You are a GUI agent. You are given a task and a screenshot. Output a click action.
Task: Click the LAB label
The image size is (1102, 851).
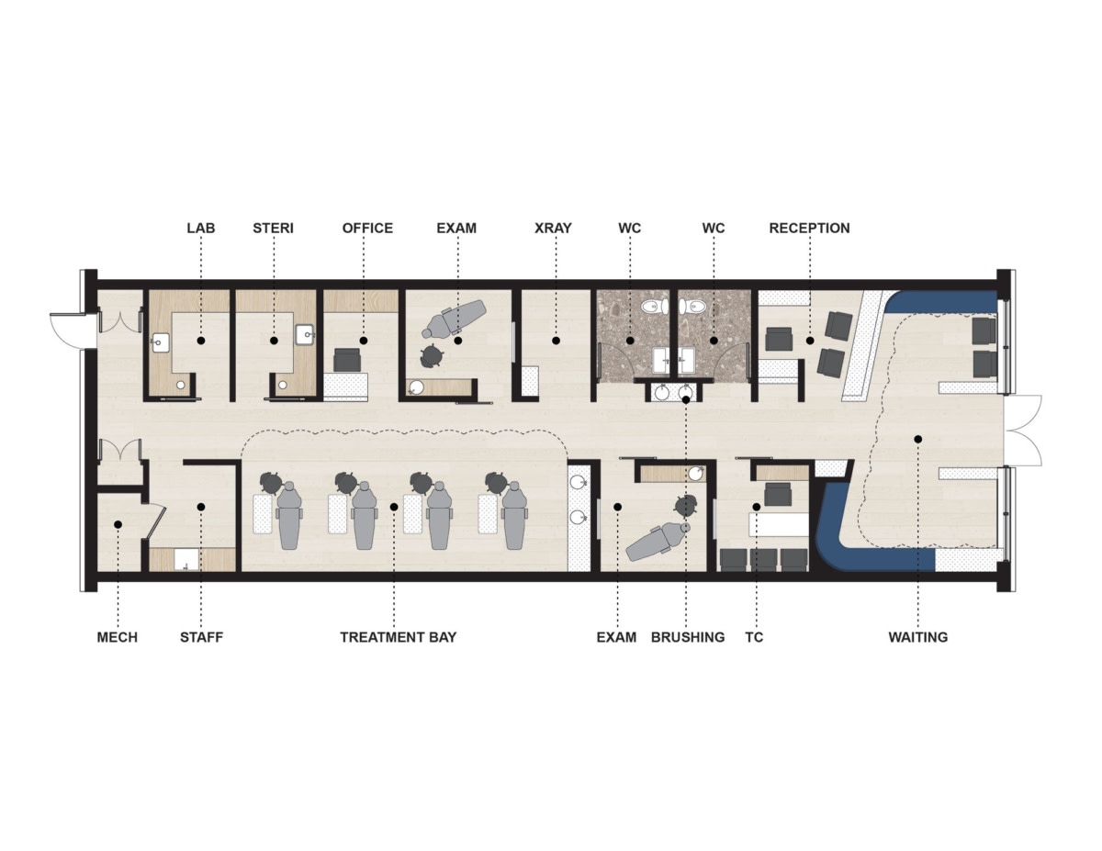pyautogui.click(x=201, y=228)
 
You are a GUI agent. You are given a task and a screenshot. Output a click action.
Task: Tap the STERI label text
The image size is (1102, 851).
pyautogui.click(x=273, y=228)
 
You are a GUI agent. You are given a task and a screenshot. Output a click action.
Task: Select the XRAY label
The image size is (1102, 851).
pyautogui.click(x=553, y=228)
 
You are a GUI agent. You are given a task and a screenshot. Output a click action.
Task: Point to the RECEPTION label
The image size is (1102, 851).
pyautogui.click(x=809, y=228)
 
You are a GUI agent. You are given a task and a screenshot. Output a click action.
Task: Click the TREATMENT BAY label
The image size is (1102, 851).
pyautogui.click(x=399, y=637)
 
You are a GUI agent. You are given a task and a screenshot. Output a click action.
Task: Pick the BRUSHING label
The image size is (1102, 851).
pyautogui.click(x=688, y=637)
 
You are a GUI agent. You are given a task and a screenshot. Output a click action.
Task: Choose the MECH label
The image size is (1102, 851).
pyautogui.click(x=118, y=637)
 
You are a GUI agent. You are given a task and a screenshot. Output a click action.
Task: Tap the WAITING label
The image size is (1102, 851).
pyautogui.click(x=918, y=637)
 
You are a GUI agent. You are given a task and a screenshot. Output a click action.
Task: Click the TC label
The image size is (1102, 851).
pyautogui.click(x=754, y=637)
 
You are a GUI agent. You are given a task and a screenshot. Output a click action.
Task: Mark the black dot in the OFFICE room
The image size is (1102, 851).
pyautogui.click(x=364, y=342)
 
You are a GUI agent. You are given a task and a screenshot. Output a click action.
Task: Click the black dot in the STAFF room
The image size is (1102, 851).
pyautogui.click(x=201, y=507)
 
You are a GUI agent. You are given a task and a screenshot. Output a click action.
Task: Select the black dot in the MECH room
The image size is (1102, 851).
pyautogui.click(x=118, y=524)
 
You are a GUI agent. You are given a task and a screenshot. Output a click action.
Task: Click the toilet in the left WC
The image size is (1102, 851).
pyautogui.click(x=654, y=306)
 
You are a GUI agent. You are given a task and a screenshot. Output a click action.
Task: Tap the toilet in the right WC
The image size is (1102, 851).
pyautogui.click(x=692, y=306)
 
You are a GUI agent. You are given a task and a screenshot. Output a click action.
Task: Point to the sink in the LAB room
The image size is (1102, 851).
pyautogui.click(x=161, y=342)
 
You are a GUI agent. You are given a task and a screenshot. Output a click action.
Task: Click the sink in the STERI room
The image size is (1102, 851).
pyautogui.click(x=306, y=334)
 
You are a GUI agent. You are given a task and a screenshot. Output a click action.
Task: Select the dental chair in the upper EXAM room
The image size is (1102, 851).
pyautogui.click(x=454, y=318)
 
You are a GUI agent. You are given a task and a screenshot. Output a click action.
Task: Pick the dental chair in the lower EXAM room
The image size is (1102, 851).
pyautogui.click(x=658, y=542)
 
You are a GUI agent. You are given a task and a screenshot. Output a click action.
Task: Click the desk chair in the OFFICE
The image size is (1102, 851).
pyautogui.click(x=346, y=360)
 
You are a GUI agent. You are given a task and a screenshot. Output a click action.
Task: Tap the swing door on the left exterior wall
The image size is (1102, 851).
pyautogui.click(x=67, y=330)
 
